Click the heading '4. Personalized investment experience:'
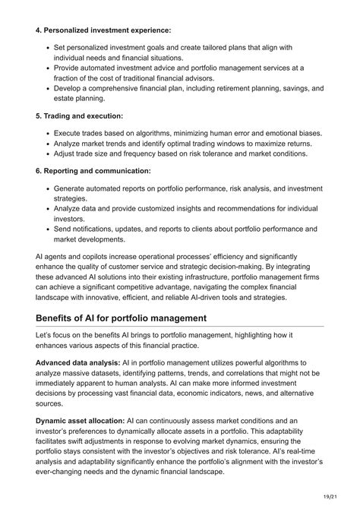(103, 30)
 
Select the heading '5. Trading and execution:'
(79, 116)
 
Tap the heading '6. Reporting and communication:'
(93, 171)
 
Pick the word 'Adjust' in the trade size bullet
(66, 153)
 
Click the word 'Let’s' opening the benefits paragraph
(47, 335)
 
